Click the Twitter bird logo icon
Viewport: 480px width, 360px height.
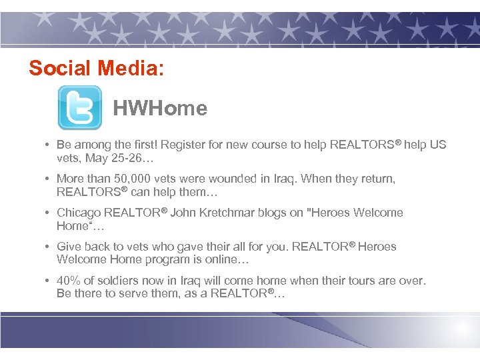(80, 107)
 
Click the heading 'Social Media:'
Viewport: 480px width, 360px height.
(96, 68)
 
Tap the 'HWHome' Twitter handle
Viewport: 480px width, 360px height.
(160, 108)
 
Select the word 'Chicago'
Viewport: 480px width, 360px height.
(78, 213)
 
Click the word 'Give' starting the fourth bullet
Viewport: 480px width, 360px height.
(69, 247)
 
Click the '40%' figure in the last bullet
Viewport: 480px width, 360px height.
(69, 281)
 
